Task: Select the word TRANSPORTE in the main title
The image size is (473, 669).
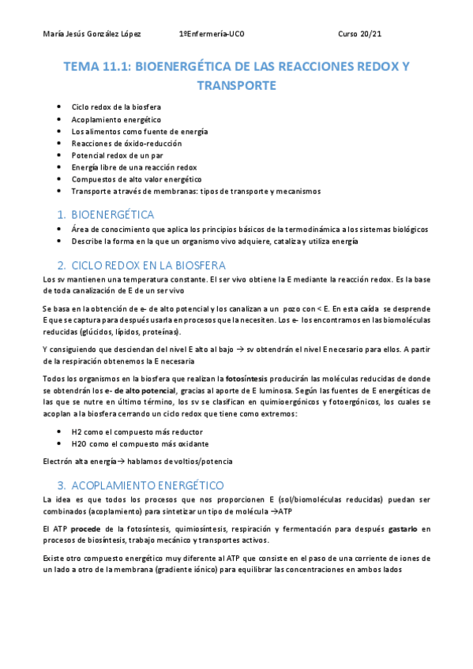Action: [x=236, y=85]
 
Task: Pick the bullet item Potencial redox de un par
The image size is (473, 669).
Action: [x=111, y=155]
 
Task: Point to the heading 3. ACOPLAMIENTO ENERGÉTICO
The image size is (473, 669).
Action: [x=148, y=485]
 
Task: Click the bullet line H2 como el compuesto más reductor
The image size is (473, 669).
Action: [x=137, y=432]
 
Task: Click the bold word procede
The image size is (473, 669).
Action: [x=87, y=528]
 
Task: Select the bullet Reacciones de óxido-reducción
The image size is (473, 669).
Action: [x=126, y=143]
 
